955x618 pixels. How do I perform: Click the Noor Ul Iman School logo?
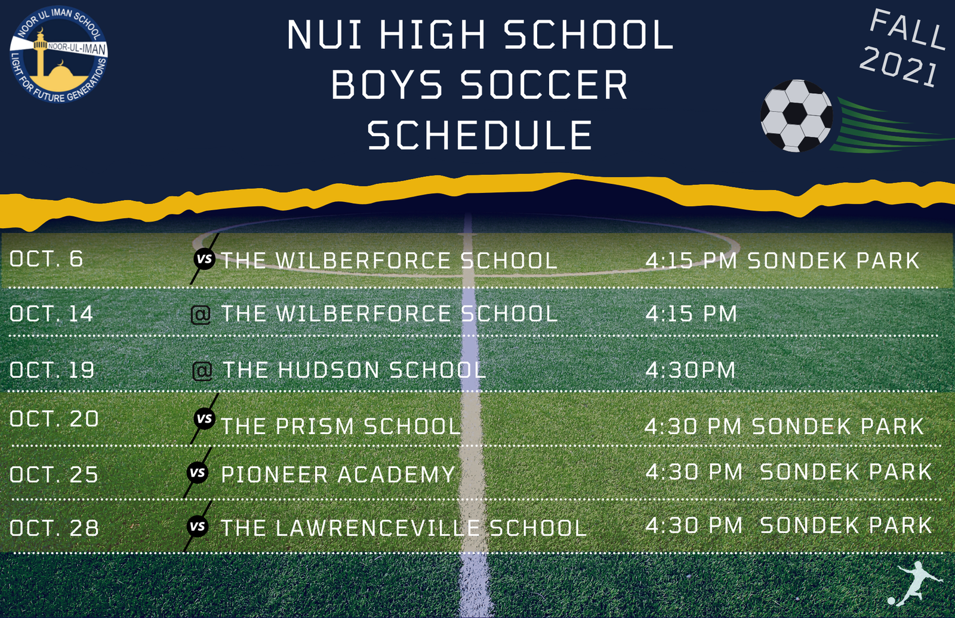[x=59, y=54]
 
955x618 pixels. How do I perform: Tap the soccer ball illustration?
[x=796, y=116]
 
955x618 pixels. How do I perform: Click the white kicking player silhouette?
[x=917, y=583]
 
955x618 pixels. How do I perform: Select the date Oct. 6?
[x=46, y=259]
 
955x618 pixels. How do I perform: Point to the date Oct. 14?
[x=51, y=313]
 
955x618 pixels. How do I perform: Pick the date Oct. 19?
[x=51, y=370]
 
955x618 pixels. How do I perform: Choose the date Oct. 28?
[x=54, y=528]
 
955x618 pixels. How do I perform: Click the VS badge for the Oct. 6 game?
[x=205, y=259]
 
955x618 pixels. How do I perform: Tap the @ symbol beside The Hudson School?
[x=202, y=371]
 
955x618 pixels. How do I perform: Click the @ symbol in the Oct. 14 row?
[x=201, y=315]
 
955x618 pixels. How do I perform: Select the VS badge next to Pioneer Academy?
[x=198, y=473]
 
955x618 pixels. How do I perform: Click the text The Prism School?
[x=341, y=426]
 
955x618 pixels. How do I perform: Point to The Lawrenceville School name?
[x=403, y=528]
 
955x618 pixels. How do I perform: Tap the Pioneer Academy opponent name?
[x=338, y=475]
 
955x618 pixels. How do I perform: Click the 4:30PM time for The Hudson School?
[x=691, y=370]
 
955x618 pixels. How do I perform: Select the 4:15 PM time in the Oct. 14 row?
[x=691, y=313]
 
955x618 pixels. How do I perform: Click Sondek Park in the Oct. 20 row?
[x=838, y=426]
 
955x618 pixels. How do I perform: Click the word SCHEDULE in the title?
[x=480, y=135]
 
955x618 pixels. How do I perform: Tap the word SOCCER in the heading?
[x=544, y=84]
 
